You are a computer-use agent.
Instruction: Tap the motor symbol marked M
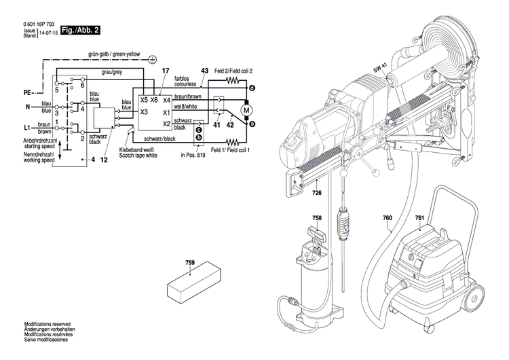246,109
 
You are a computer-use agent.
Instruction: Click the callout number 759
190,262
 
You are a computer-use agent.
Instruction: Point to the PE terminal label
28,92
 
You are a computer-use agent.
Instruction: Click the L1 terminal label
28,128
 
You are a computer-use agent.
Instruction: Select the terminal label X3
144,111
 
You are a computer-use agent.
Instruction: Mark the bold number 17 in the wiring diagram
165,71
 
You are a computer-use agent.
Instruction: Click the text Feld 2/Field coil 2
233,71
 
